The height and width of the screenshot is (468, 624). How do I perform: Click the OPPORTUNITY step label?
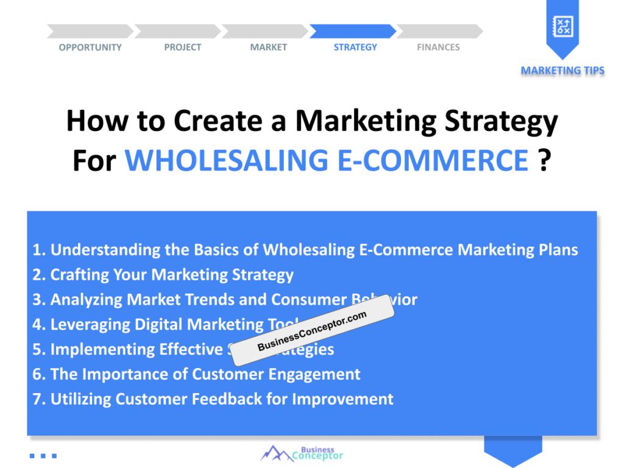[x=90, y=48]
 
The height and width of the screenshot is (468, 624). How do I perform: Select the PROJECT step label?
[x=182, y=48]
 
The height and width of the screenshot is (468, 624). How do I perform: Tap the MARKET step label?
[x=268, y=48]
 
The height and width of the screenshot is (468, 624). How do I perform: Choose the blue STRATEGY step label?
[x=355, y=48]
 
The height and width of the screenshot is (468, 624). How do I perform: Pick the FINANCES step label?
[x=438, y=48]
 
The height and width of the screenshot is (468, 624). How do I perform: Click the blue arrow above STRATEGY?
[x=353, y=31]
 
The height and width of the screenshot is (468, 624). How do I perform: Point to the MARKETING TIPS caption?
[x=562, y=71]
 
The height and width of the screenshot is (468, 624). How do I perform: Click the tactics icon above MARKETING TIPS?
[x=562, y=26]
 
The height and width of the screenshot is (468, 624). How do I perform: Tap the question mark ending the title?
[x=545, y=160]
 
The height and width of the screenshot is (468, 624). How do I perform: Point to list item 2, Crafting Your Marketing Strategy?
[x=163, y=275]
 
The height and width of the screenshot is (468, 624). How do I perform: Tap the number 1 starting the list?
[x=38, y=250]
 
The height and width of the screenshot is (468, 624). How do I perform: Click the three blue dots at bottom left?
[x=43, y=455]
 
